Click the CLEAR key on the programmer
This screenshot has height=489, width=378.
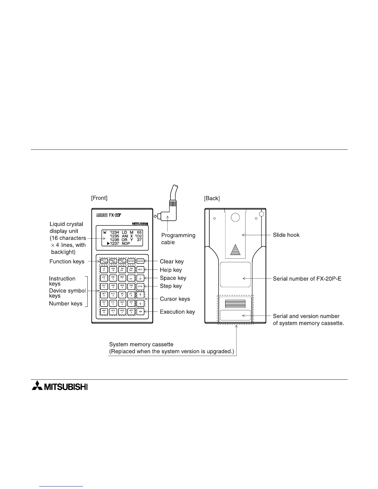tap(140, 261)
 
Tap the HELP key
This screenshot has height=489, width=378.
tap(140, 270)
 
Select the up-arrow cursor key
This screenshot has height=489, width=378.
tap(140, 295)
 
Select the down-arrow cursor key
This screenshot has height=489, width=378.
tap(140, 303)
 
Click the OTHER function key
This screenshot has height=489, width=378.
tap(131, 261)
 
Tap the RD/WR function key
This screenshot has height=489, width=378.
tap(104, 261)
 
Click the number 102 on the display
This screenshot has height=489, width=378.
tap(138, 236)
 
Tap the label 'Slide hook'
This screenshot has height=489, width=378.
tap(286, 235)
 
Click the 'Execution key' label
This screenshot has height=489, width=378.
tap(177, 312)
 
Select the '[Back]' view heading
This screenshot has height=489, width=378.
tap(212, 198)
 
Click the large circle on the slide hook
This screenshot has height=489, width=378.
tap(235, 218)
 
